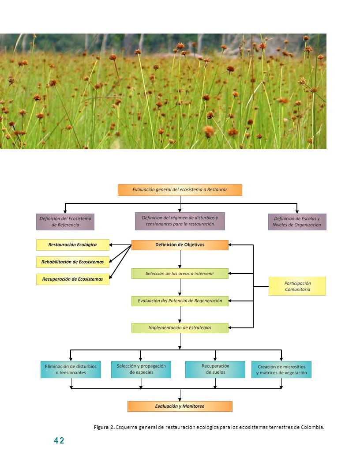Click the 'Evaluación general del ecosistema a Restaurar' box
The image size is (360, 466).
click(x=180, y=190)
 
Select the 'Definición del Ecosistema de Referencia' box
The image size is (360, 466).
click(x=65, y=222)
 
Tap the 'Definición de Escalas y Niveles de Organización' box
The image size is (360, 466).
click(x=297, y=222)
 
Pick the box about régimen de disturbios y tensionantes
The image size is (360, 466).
click(x=180, y=221)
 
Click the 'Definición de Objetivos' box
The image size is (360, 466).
click(x=180, y=245)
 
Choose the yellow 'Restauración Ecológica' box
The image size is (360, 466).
click(x=73, y=245)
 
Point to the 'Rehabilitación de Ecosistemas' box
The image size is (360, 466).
click(x=73, y=262)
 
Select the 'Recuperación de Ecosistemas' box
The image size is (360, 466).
click(x=73, y=279)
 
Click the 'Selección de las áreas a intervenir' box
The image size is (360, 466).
click(x=180, y=274)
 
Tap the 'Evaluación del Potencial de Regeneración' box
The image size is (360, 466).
click(x=180, y=301)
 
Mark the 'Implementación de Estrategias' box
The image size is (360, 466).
click(x=180, y=328)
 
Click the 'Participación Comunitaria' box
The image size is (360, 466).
click(x=297, y=286)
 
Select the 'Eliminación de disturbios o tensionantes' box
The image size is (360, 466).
click(x=71, y=369)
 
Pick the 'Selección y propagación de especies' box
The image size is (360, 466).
click(x=141, y=369)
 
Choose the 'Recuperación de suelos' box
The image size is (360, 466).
click(x=215, y=369)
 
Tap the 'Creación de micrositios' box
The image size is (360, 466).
click(x=281, y=369)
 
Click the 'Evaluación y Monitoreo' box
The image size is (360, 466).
click(x=180, y=406)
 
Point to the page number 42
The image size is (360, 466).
click(x=59, y=440)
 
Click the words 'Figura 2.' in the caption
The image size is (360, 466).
click(x=104, y=427)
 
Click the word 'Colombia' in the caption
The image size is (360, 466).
click(x=312, y=427)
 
